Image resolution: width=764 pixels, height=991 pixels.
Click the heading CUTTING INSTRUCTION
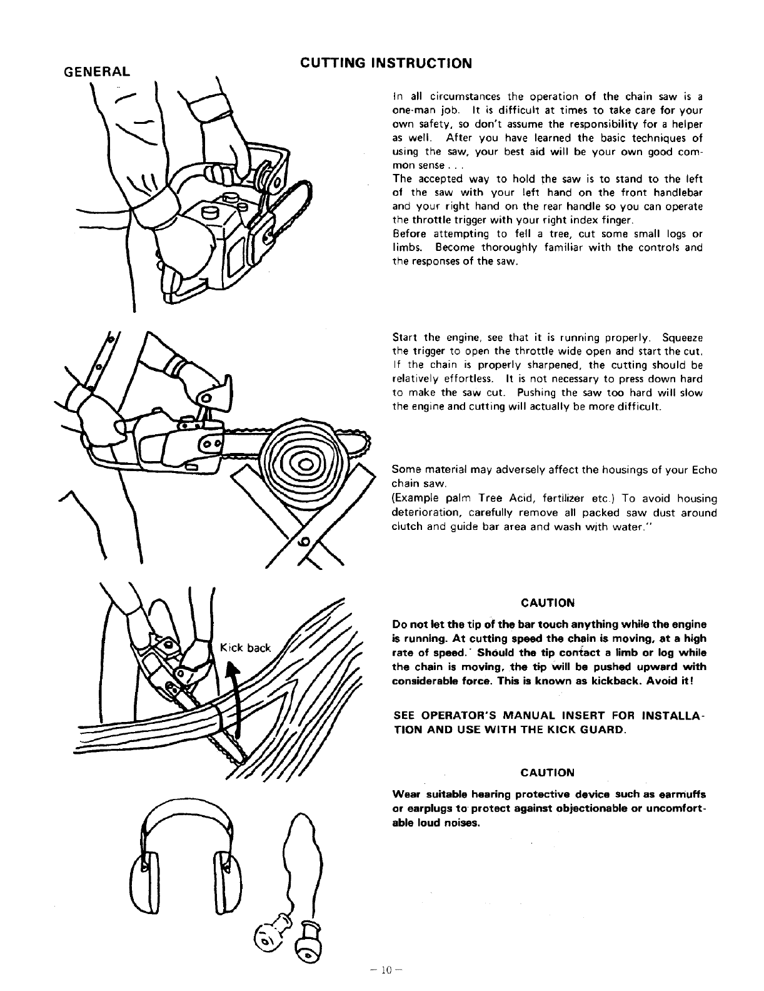pos(386,63)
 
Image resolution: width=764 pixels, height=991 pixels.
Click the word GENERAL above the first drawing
pos(98,71)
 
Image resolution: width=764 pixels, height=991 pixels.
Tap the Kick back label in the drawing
pos(246,648)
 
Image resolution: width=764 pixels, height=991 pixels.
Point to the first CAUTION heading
pos(547,603)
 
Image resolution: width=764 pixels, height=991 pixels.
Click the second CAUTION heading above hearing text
pos(547,773)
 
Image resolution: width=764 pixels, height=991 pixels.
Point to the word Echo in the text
pos(705,470)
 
